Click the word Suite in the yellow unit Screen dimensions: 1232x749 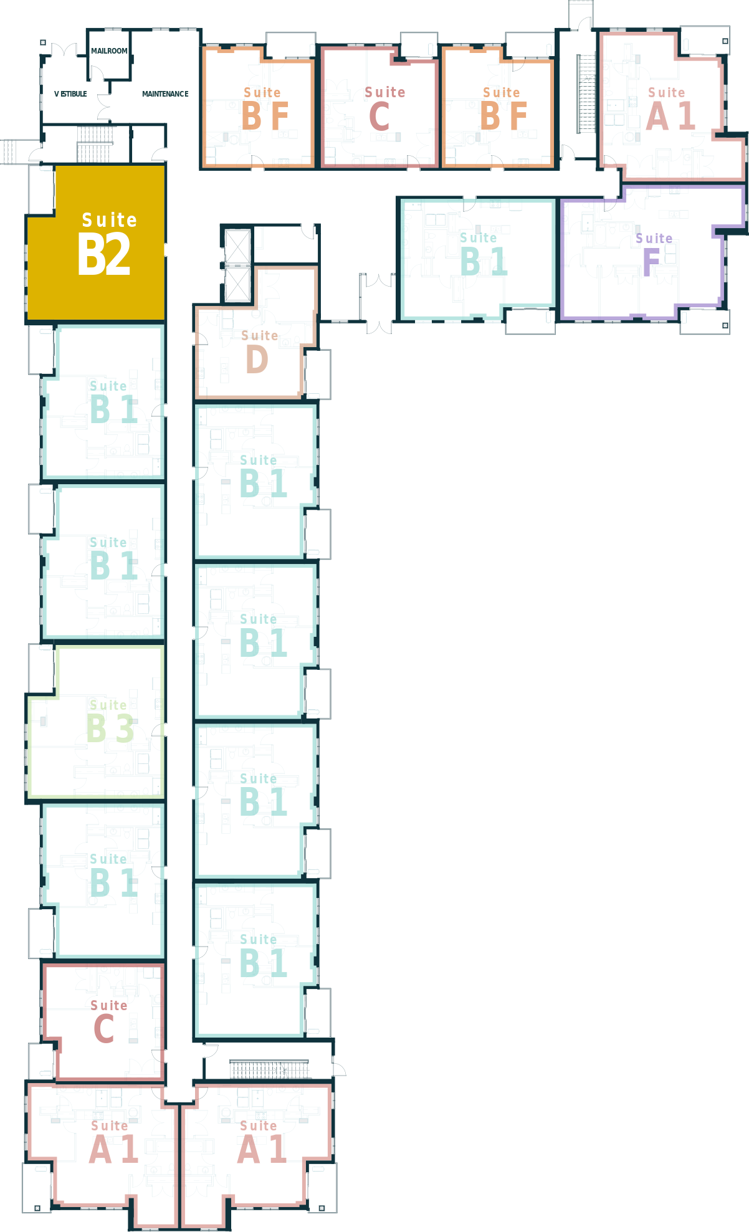[x=109, y=220]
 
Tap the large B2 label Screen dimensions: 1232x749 [x=104, y=254]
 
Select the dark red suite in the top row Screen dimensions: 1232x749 [x=379, y=107]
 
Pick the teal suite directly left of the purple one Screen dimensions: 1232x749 [x=477, y=259]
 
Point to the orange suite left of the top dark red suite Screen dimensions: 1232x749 [x=258, y=107]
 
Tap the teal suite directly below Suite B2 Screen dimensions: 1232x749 [x=103, y=402]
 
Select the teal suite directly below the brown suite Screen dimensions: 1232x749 [x=255, y=481]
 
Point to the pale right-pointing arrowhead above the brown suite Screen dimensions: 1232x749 [x=267, y=242]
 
